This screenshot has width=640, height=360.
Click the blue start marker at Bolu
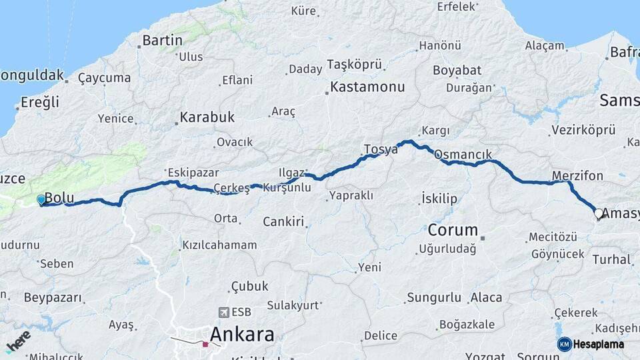41,199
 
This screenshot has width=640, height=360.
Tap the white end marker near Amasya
598,214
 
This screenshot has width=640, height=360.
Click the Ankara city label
242,334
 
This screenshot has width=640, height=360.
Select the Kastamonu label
367,87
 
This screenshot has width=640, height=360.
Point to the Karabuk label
207,117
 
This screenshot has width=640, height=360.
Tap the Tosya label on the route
381,149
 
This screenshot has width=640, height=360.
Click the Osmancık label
463,155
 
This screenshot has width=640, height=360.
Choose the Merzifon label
577,176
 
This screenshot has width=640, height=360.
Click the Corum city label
453,231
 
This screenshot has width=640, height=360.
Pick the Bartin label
163,41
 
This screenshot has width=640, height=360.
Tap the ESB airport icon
223,311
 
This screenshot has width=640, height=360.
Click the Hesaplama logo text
598,344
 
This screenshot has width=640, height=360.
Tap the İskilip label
439,199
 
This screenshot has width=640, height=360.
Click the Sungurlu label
433,297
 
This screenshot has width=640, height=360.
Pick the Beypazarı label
53,297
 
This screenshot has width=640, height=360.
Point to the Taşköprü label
355,64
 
